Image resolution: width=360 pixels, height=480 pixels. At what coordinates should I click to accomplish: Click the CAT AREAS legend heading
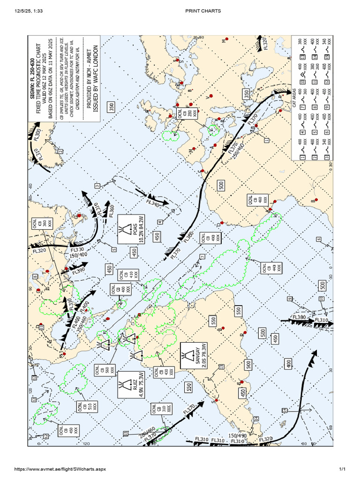coord(295,97)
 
